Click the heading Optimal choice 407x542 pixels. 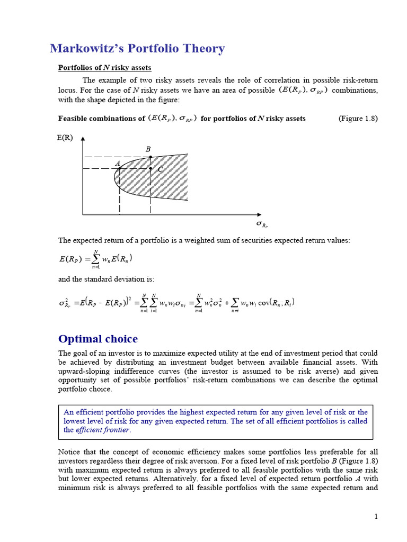98,339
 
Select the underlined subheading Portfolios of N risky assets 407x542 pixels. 104,68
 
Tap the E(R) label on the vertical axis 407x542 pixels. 64,138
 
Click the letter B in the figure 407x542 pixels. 148,149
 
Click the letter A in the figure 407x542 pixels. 118,164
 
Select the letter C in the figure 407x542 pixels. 160,169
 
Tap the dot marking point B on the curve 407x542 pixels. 151,157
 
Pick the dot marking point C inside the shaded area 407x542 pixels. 151,169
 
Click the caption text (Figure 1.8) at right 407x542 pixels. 358,119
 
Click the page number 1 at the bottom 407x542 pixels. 376,517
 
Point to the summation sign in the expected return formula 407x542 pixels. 96,258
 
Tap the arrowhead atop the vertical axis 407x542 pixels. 83,138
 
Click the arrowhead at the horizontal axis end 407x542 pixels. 266,215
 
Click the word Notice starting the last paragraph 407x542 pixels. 70,451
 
